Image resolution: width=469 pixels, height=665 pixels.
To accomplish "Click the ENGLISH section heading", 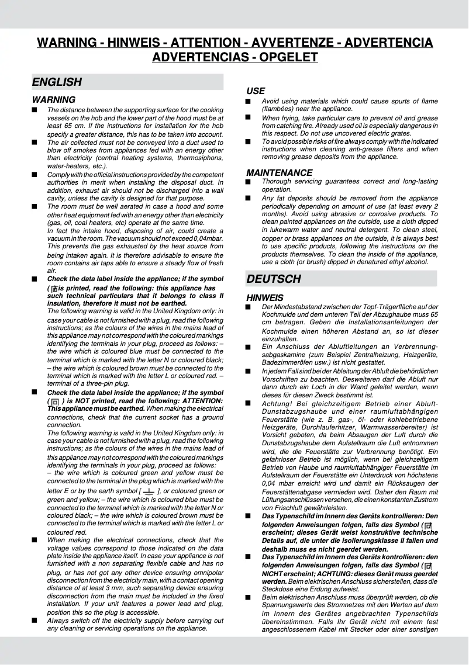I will pyautogui.click(x=57, y=82).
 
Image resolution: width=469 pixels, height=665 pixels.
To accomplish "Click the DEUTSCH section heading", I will pyautogui.click(x=274, y=279).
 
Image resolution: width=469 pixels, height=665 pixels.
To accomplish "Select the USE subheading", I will pyautogui.click(x=256, y=91).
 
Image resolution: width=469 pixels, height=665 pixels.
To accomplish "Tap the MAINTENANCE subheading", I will pyautogui.click(x=279, y=173).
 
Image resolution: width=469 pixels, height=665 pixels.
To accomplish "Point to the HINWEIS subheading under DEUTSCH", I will pyautogui.click(x=264, y=298).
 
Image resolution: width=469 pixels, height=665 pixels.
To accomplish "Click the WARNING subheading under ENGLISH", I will pyautogui.click(x=53, y=100).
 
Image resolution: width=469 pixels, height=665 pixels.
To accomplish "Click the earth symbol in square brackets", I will pyautogui.click(x=149, y=491).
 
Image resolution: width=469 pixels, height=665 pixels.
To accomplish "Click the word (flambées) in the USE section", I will pyautogui.click(x=282, y=109).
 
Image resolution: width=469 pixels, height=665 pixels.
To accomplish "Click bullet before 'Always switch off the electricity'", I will pyautogui.click(x=35, y=621).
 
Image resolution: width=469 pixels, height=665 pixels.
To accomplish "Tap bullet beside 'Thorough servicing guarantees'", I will pyautogui.click(x=248, y=182).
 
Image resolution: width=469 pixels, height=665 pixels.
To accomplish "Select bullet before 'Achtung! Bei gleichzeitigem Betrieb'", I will pyautogui.click(x=248, y=404).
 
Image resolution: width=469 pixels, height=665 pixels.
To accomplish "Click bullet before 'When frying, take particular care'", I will pyautogui.click(x=248, y=117).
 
